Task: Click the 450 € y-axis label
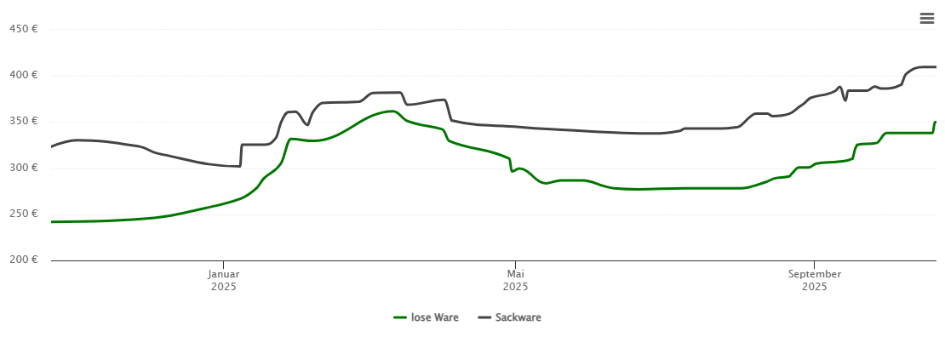tap(23, 29)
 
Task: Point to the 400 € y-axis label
tap(23, 75)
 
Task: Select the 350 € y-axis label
tap(23, 121)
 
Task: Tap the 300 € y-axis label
tap(23, 168)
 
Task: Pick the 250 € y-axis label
tap(23, 214)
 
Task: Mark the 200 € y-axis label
tap(23, 260)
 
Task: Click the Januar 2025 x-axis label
tap(223, 280)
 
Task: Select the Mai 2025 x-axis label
tap(515, 280)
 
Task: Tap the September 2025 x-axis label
tap(814, 280)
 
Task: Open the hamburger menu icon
tap(926, 18)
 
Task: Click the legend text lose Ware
tap(434, 317)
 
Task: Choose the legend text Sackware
tap(518, 317)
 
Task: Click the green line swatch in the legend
tap(400, 317)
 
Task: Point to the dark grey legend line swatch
tap(484, 317)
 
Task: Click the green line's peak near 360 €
tap(391, 111)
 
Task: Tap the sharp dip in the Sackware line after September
tap(845, 100)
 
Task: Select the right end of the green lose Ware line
tap(935, 122)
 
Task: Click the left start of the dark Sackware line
tap(52, 147)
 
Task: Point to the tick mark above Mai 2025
tap(515, 264)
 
